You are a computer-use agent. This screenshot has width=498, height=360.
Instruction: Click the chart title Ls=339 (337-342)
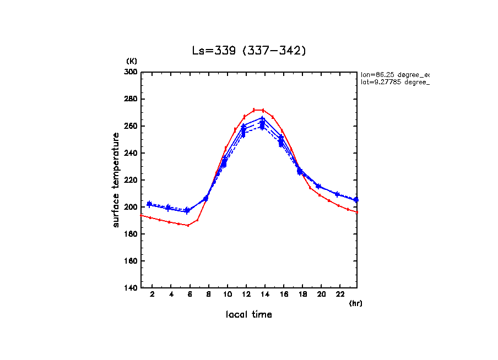[249, 51]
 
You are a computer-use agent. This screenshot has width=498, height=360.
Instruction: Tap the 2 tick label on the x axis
[152, 295]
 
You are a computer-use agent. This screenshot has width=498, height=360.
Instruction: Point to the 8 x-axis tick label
[209, 295]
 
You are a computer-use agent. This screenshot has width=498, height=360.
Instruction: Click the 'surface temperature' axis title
[116, 180]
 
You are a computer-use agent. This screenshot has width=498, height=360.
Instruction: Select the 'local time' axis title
[248, 315]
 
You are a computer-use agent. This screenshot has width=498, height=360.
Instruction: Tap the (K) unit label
[132, 61]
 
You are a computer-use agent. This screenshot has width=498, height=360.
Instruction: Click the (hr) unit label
[355, 303]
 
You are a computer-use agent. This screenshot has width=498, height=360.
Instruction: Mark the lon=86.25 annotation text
[394, 74]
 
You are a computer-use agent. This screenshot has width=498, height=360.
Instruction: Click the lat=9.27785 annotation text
[394, 82]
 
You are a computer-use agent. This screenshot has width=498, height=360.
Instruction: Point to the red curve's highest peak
[258, 110]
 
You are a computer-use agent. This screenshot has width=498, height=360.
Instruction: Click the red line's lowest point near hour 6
[188, 225]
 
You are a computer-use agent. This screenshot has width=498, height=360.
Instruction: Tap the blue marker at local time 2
[149, 204]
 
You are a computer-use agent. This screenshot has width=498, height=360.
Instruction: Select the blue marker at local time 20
[318, 187]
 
